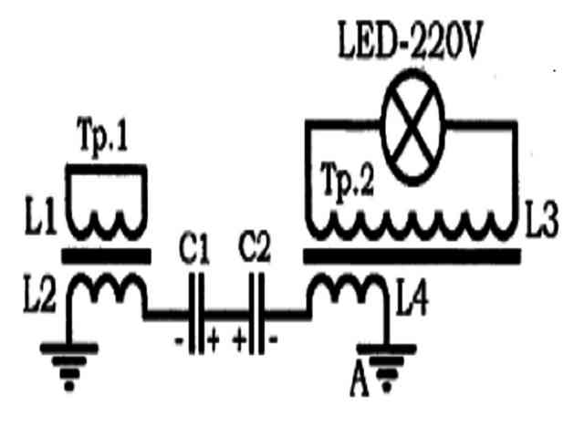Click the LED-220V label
410,40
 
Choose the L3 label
541,219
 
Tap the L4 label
412,298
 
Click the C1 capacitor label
193,248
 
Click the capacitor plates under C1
196,314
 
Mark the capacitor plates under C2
256,314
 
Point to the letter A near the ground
360,381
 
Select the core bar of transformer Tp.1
106,256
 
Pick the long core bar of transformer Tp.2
412,256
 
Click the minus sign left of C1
179,340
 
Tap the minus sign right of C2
274,339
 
